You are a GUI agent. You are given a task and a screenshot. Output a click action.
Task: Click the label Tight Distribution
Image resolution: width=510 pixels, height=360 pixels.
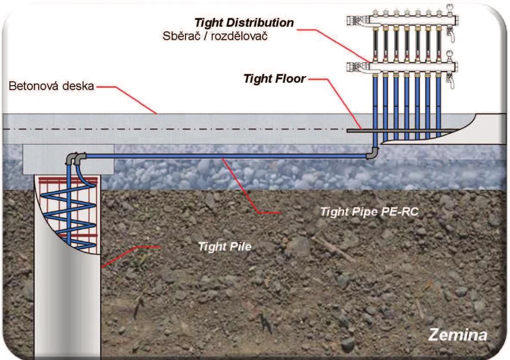click(x=244, y=23)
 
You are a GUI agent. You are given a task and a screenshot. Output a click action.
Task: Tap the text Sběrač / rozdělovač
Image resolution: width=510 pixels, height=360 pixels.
click(x=215, y=36)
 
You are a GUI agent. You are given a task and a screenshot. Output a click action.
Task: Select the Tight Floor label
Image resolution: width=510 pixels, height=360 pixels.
click(x=275, y=79)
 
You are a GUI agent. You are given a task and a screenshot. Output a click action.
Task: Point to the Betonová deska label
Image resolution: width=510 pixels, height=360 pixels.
click(x=51, y=86)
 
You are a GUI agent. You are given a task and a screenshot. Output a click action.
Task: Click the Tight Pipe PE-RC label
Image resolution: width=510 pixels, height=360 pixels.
click(x=369, y=212)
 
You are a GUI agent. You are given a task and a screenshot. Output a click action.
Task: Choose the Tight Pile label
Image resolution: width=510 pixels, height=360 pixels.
click(x=225, y=246)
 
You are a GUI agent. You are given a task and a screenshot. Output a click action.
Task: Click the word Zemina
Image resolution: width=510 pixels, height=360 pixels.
click(x=458, y=335)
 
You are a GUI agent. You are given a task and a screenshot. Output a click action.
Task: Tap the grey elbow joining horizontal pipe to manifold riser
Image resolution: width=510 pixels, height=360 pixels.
click(x=373, y=153)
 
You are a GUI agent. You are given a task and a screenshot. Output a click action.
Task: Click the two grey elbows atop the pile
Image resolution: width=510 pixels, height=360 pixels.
click(x=76, y=158)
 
